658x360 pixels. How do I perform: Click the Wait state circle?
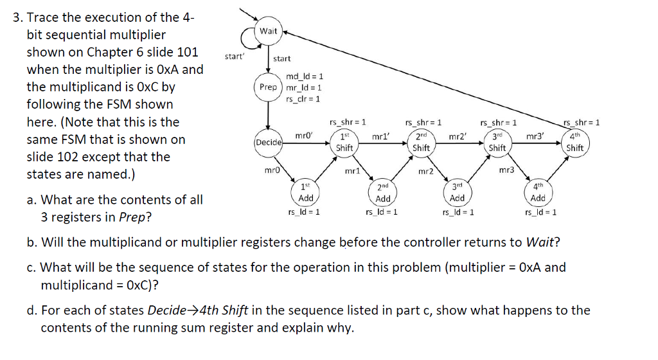coord(268,31)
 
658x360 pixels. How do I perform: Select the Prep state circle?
coord(268,87)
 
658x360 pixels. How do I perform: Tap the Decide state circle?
coord(268,142)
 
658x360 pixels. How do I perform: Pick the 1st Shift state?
coord(344,142)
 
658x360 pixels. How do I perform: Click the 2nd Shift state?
coord(421,142)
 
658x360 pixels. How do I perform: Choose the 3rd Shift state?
coord(497,142)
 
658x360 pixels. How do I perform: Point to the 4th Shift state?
coord(574,142)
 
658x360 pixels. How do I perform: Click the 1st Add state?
coord(307,192)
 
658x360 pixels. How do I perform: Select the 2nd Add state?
coord(383,193)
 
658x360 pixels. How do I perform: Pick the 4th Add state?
coord(538,192)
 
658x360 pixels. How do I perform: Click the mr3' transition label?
coord(534,136)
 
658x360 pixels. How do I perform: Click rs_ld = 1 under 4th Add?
coord(540,212)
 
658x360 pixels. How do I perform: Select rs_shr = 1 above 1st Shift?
coord(348,122)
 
